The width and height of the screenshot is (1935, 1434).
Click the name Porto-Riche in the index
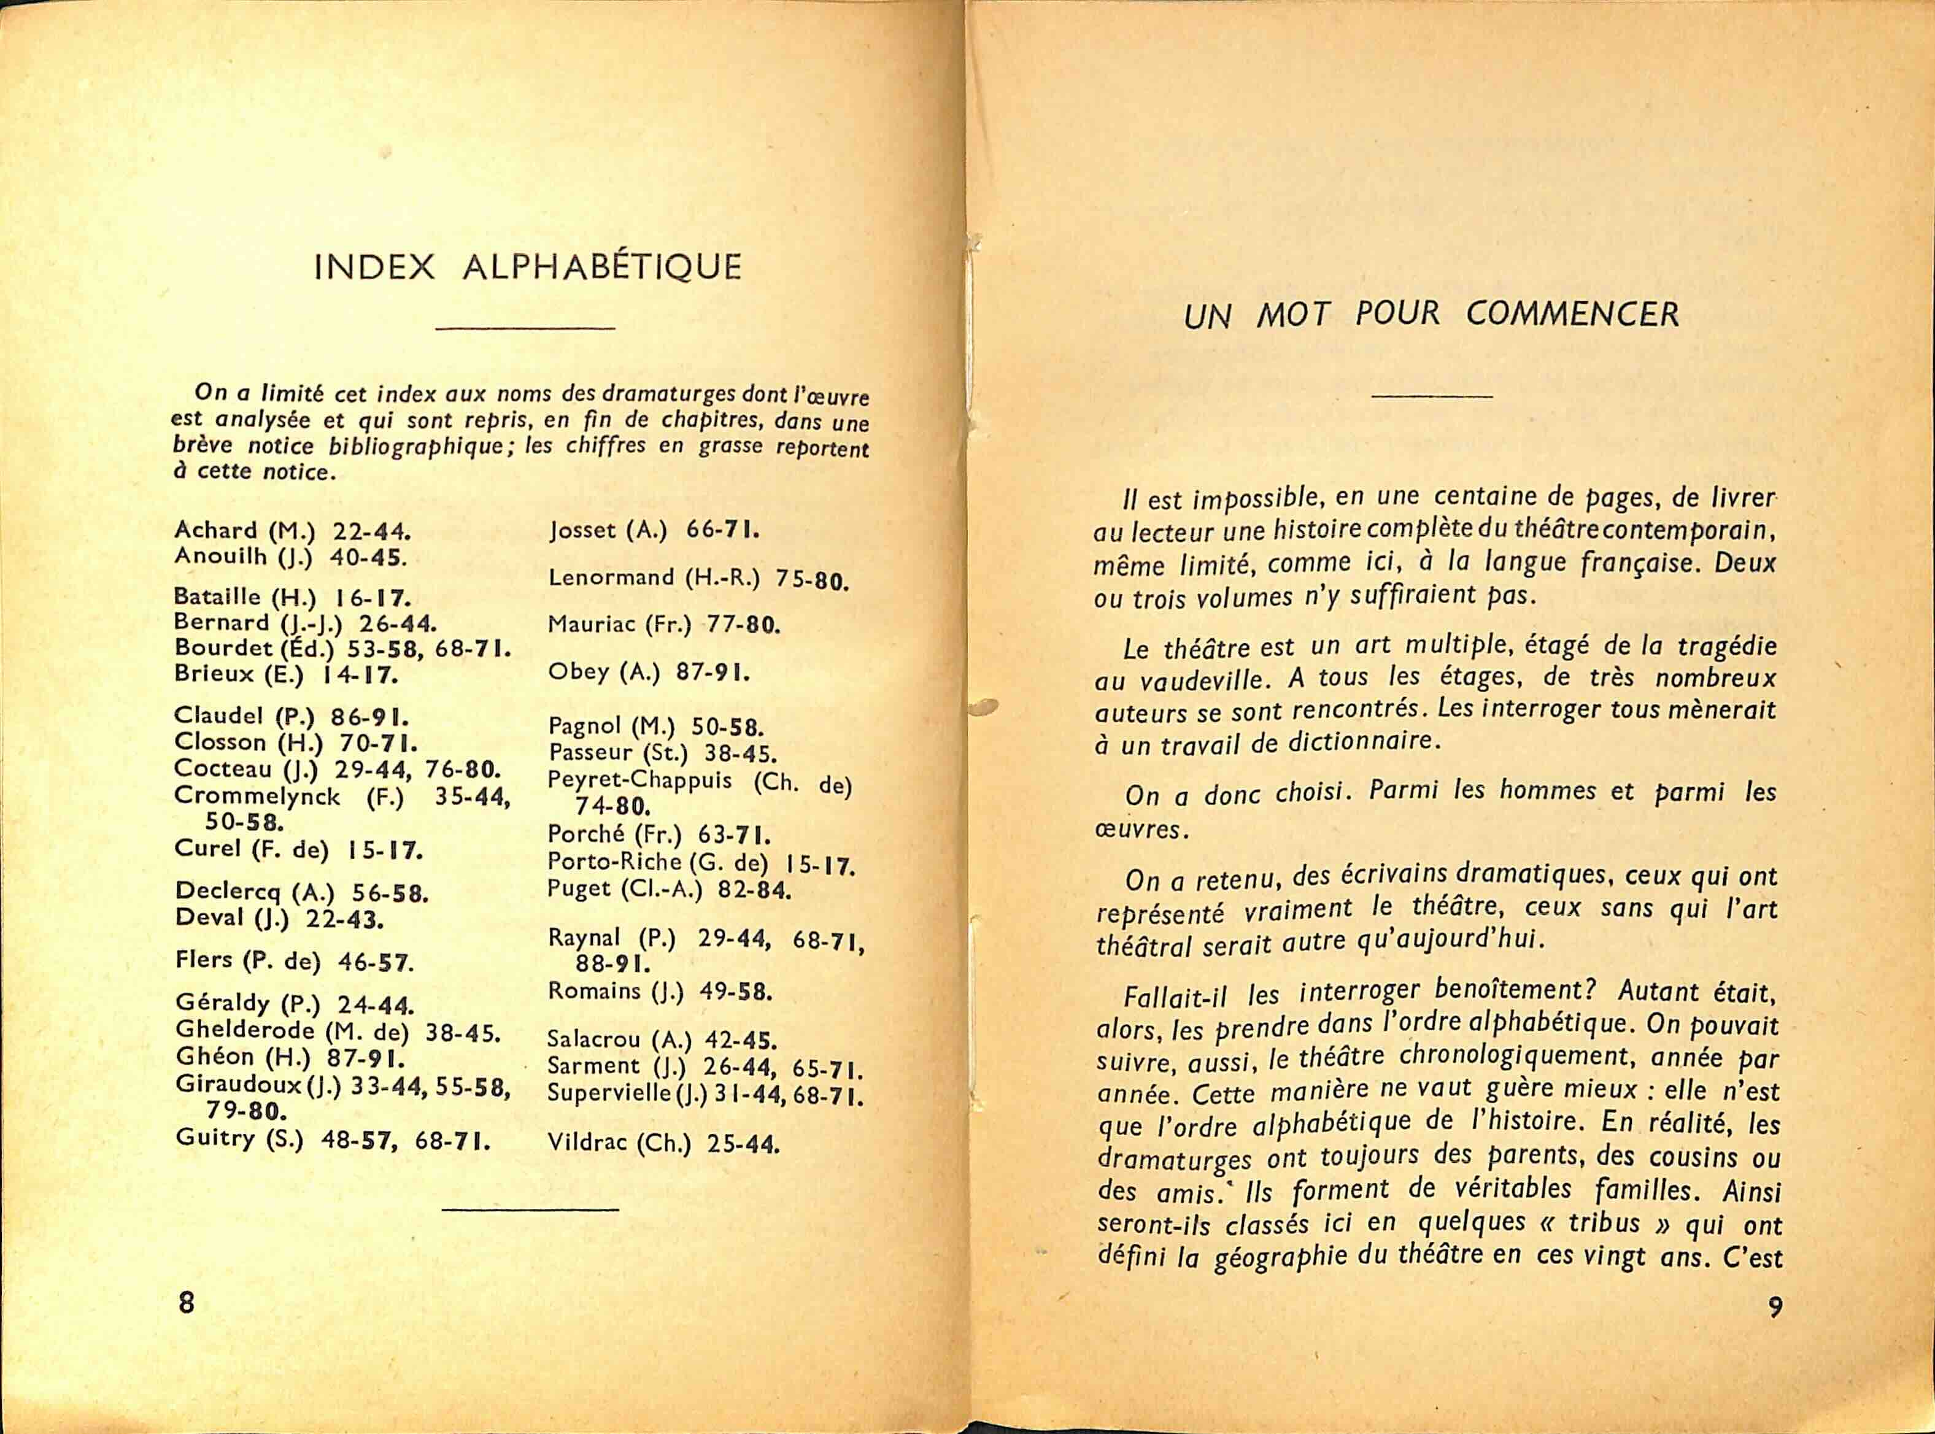[x=614, y=862]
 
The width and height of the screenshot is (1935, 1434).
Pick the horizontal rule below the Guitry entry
[x=530, y=1208]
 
